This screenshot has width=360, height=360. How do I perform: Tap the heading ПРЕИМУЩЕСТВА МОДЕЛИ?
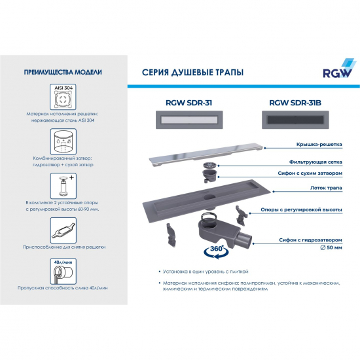click(x=62, y=73)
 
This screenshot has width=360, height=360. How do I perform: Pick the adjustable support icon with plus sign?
click(x=62, y=187)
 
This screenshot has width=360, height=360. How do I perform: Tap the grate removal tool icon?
click(x=62, y=230)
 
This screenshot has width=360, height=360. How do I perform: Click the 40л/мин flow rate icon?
click(x=62, y=270)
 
